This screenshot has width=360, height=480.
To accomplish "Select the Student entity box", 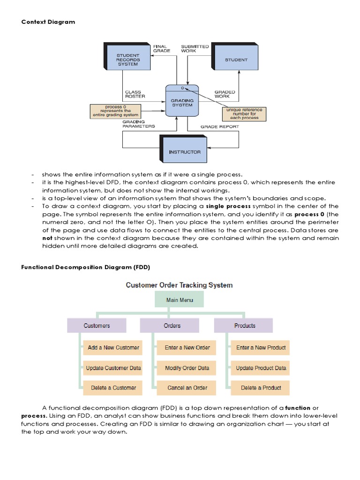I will [236, 60].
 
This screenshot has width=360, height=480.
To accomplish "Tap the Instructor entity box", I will [184, 151].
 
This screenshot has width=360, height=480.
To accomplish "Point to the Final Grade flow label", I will [162, 48].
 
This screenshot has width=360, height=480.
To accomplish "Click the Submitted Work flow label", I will [195, 48].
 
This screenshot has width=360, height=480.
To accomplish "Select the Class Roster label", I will [135, 94].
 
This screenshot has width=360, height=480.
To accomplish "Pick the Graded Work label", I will [225, 94].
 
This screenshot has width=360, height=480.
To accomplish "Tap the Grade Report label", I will [219, 127].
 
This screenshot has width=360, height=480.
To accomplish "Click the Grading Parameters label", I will [139, 124].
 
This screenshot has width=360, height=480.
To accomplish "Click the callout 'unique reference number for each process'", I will [244, 114].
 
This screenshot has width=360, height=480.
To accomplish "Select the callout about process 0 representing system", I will [115, 111].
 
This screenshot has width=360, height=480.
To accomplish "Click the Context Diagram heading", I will [48, 22].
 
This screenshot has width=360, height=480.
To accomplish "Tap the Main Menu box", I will [180, 300].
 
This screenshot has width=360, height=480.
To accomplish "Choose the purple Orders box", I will [172, 325].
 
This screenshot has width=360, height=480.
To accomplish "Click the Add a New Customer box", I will [113, 348].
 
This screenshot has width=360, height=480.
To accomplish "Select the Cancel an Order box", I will [187, 388].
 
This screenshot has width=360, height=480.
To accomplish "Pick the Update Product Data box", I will [261, 368].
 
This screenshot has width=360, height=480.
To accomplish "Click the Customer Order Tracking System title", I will [179, 285].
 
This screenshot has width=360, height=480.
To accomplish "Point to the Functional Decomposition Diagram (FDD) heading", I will [85, 267].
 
